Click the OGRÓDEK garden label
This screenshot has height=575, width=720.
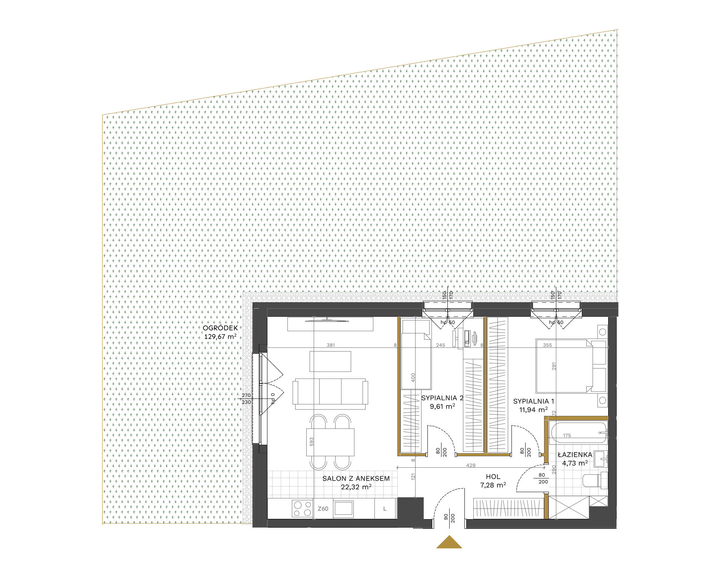[220, 328]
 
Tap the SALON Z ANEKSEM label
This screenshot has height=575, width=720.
[356, 478]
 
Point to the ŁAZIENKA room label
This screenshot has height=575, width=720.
[575, 455]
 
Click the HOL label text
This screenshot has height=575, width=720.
[493, 477]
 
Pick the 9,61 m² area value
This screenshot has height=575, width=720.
[442, 406]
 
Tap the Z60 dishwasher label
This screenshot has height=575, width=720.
[323, 509]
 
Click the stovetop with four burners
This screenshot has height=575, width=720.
[302, 508]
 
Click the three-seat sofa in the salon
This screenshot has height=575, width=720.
[330, 394]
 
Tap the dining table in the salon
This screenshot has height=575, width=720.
[330, 442]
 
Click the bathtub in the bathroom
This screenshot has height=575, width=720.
[578, 433]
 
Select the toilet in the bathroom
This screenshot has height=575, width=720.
[595, 480]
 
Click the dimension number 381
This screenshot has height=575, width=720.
[331, 345]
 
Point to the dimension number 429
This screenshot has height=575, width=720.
[471, 465]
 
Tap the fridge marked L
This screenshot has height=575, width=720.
[385, 509]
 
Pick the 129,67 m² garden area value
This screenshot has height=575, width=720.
[220, 337]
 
